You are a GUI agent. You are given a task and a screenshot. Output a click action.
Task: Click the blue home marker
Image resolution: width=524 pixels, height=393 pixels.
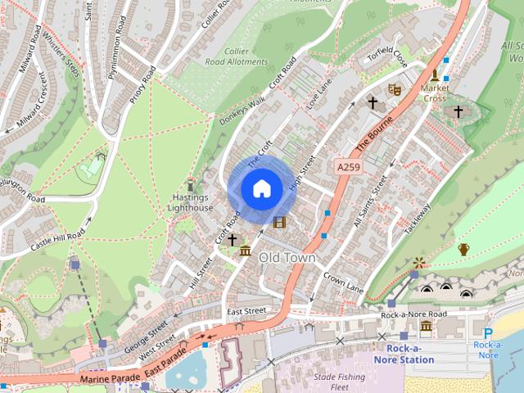[x=261, y=189]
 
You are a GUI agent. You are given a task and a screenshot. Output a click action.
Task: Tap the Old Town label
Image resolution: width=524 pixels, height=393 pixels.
[x=287, y=257]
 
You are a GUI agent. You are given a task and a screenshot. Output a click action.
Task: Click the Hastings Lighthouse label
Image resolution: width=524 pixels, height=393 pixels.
[x=192, y=203]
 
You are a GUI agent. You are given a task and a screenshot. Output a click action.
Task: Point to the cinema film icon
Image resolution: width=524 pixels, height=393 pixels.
[x=280, y=222]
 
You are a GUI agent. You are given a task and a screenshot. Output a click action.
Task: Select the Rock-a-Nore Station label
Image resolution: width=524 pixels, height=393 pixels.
[x=404, y=354]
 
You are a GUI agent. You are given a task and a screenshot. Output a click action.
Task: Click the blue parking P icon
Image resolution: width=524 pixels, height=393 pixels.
[x=488, y=333]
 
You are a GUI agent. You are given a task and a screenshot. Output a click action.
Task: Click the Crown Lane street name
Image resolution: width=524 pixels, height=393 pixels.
[x=342, y=282]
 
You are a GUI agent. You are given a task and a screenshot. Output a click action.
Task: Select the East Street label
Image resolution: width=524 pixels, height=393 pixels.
[x=246, y=311]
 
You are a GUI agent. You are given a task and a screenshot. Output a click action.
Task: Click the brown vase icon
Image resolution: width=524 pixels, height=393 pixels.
[x=463, y=249]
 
